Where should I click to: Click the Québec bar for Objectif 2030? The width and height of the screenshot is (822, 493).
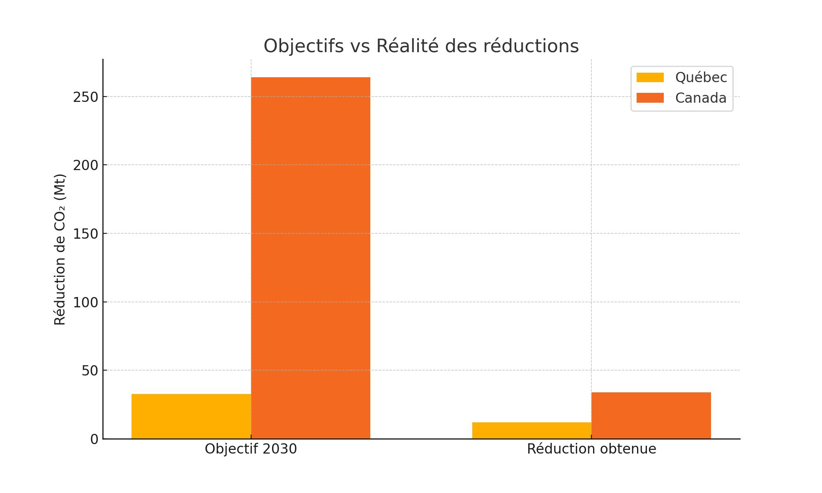pos(191,416)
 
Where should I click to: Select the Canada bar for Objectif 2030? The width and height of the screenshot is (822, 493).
pos(311,258)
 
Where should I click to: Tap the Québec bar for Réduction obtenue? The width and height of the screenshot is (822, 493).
pos(532,431)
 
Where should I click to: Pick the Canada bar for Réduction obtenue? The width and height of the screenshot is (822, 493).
pos(651,415)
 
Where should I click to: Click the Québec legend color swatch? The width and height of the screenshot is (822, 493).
pos(650,77)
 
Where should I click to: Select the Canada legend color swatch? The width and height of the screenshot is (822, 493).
pos(650,98)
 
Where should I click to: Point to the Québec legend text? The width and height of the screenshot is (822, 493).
pos(701,78)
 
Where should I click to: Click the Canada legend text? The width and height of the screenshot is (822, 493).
pos(701,98)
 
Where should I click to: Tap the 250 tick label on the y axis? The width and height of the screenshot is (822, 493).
pos(86,97)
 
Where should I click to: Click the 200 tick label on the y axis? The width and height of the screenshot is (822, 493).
pos(86,166)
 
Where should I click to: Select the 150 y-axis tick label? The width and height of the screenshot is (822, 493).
pos(86,234)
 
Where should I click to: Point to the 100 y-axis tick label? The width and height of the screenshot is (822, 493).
pos(86,303)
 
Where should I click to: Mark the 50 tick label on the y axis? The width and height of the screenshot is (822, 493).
pos(90,371)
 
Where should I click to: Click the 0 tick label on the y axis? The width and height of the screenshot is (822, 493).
pos(95,440)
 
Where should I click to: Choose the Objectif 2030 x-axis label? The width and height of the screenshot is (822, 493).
pos(251,449)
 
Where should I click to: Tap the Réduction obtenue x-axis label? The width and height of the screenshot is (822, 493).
pos(591,449)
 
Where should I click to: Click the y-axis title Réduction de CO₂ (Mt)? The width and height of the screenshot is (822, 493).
pos(60,249)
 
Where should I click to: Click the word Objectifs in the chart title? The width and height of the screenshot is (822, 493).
pos(303,46)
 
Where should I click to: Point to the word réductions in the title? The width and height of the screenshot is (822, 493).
pos(531,46)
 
